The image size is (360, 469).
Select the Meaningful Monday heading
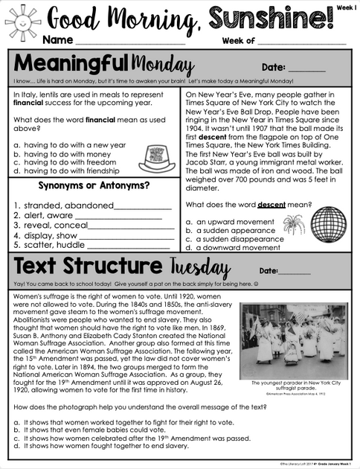coord(105,65)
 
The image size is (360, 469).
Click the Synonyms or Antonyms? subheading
coord(94,185)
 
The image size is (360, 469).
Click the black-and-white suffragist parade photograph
coord(291,335)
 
